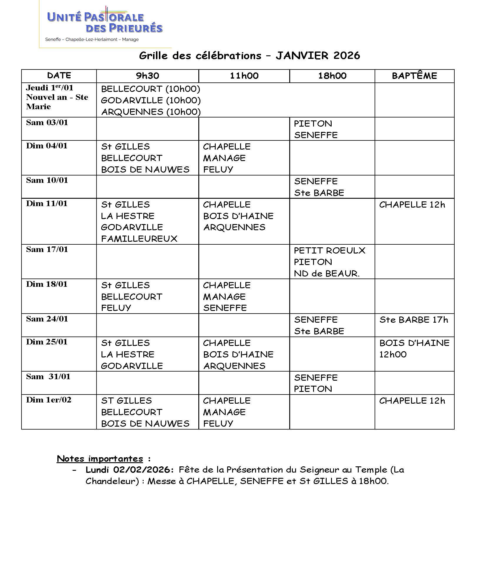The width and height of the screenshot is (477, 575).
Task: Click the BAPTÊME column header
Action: pyautogui.click(x=414, y=76)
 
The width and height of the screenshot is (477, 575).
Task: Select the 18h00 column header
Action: pyautogui.click(x=332, y=76)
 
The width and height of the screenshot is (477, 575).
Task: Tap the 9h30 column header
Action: pyautogui.click(x=147, y=76)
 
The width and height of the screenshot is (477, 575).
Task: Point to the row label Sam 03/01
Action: pyautogui.click(x=47, y=123)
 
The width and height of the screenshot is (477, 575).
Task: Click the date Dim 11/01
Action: pyautogui.click(x=46, y=204)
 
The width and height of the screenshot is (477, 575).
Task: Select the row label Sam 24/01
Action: pyautogui.click(x=47, y=319)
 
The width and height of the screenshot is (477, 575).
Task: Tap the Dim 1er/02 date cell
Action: pyautogui.click(x=49, y=400)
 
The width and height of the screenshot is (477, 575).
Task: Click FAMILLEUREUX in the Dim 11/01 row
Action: pyautogui.click(x=139, y=239)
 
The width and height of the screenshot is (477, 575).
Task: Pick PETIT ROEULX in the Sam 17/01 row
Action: pyautogui.click(x=329, y=251)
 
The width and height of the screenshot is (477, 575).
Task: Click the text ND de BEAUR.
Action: pyautogui.click(x=327, y=274)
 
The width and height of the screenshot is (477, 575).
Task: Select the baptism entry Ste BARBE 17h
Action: pyautogui.click(x=413, y=320)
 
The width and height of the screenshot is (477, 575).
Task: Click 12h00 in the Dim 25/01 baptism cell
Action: pyautogui.click(x=393, y=354)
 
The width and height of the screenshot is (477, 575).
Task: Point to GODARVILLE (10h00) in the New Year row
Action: pyautogui.click(x=151, y=100)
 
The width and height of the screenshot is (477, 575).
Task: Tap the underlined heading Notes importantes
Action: pyautogui.click(x=100, y=459)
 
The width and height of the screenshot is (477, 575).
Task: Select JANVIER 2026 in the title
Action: pyautogui.click(x=318, y=56)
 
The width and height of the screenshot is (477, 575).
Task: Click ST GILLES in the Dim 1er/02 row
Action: pyautogui.click(x=126, y=401)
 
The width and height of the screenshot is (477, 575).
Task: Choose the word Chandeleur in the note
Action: pyautogui.click(x=112, y=481)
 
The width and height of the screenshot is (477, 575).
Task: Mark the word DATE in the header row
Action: pyautogui.click(x=59, y=76)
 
